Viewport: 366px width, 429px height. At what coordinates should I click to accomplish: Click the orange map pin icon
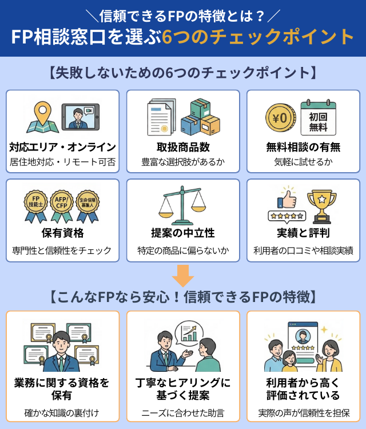click(x=42, y=113)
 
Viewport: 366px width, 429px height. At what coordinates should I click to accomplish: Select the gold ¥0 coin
click(x=280, y=118)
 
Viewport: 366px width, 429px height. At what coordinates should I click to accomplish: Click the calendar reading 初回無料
click(x=318, y=117)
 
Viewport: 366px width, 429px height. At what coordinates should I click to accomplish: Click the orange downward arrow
click(x=183, y=276)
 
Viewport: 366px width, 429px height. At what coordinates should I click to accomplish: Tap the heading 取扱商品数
click(x=183, y=147)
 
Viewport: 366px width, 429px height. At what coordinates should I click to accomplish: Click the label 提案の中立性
click(x=183, y=233)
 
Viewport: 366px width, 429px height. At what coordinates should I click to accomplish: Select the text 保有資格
click(x=63, y=233)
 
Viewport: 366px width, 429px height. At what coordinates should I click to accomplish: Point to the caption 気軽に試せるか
click(x=303, y=162)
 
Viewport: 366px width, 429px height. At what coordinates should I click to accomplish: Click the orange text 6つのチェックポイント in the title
click(x=258, y=37)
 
